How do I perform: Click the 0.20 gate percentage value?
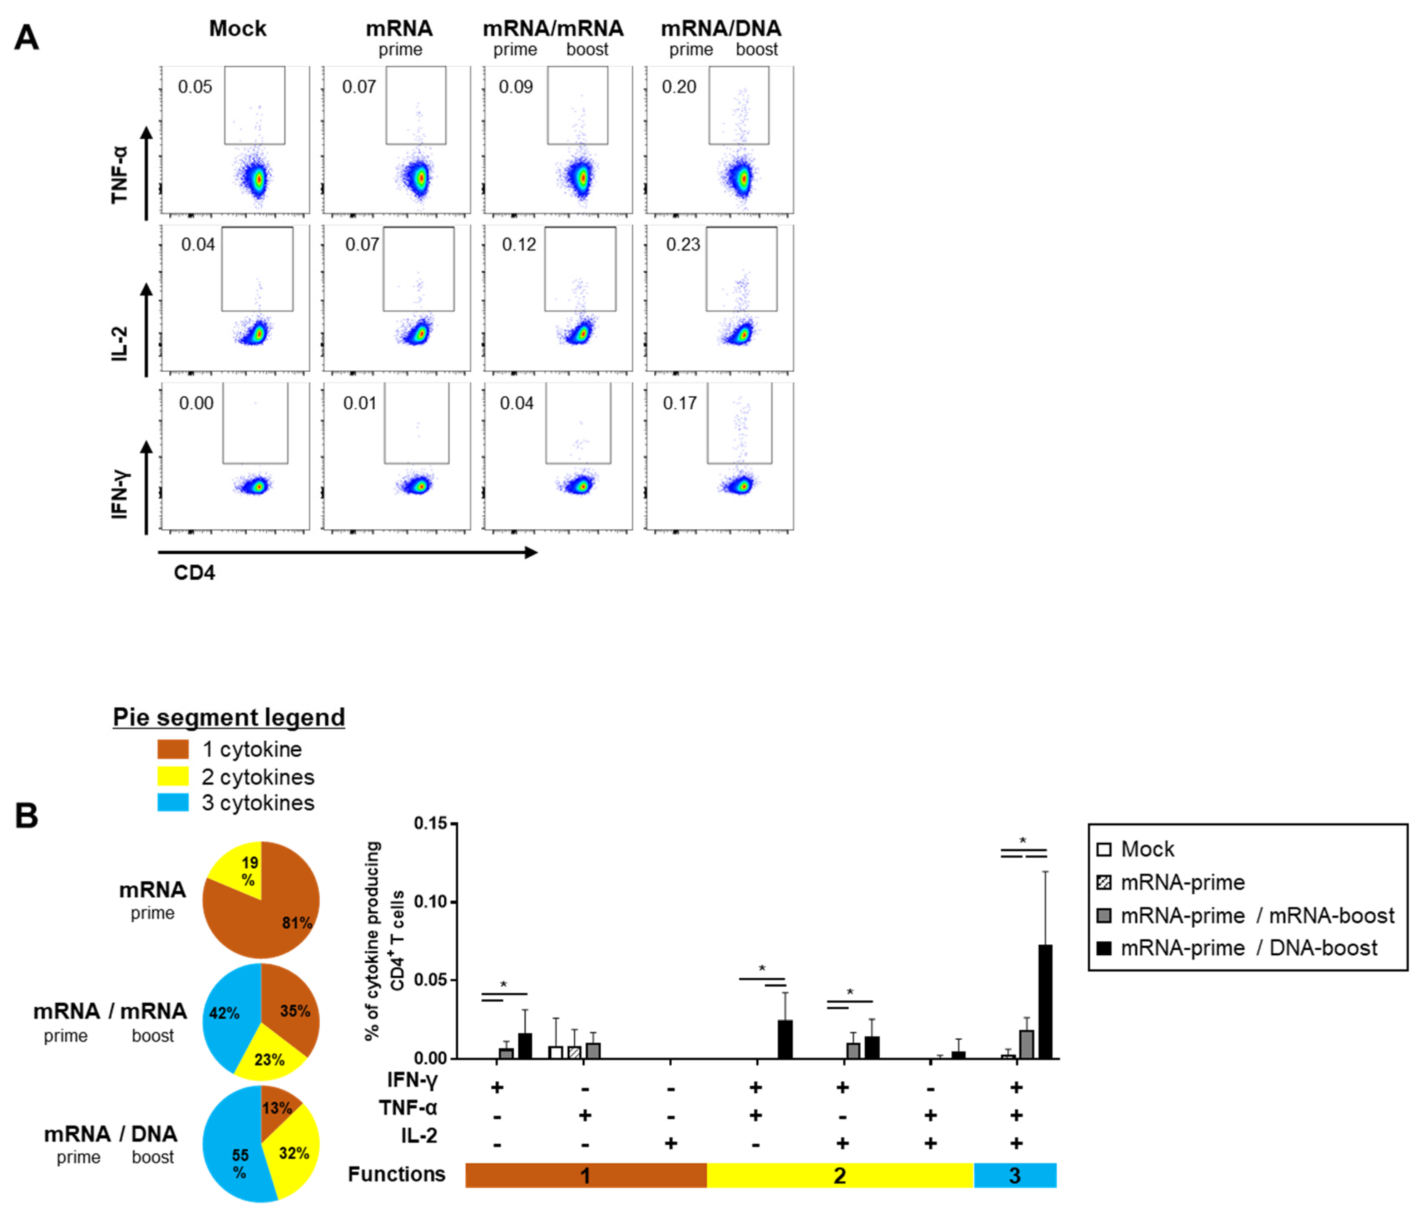(x=678, y=87)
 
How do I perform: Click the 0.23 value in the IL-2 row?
(x=683, y=245)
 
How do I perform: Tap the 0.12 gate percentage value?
(x=519, y=245)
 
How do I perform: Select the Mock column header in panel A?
(x=238, y=29)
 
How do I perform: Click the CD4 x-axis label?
(x=194, y=573)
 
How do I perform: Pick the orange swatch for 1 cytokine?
(x=173, y=749)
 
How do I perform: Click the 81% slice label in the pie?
(x=297, y=923)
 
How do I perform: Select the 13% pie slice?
(x=277, y=1108)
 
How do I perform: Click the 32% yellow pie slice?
(x=294, y=1153)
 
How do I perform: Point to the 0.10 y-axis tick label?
(x=431, y=902)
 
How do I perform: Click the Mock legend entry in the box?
(x=1147, y=850)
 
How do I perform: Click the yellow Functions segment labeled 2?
(x=840, y=1176)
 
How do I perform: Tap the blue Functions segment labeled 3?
(x=1015, y=1176)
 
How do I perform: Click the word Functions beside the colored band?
(x=396, y=1174)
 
